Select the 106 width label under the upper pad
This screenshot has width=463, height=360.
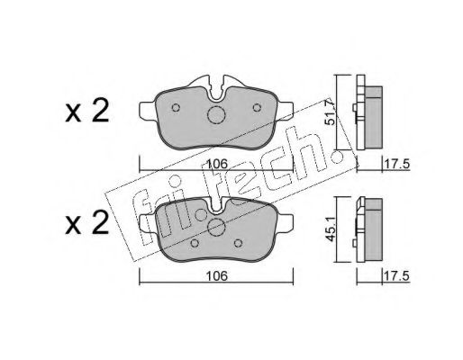click(x=218, y=164)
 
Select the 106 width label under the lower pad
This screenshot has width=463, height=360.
click(x=217, y=276)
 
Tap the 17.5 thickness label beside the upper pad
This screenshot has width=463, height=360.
click(x=397, y=165)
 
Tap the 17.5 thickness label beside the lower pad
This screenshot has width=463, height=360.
click(x=397, y=276)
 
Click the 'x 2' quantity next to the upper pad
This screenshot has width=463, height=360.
click(x=87, y=112)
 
